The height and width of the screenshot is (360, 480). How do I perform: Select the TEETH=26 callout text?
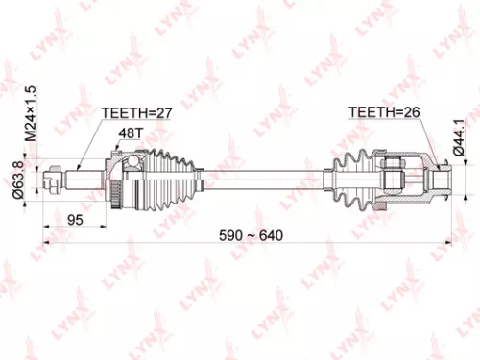[384, 112]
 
